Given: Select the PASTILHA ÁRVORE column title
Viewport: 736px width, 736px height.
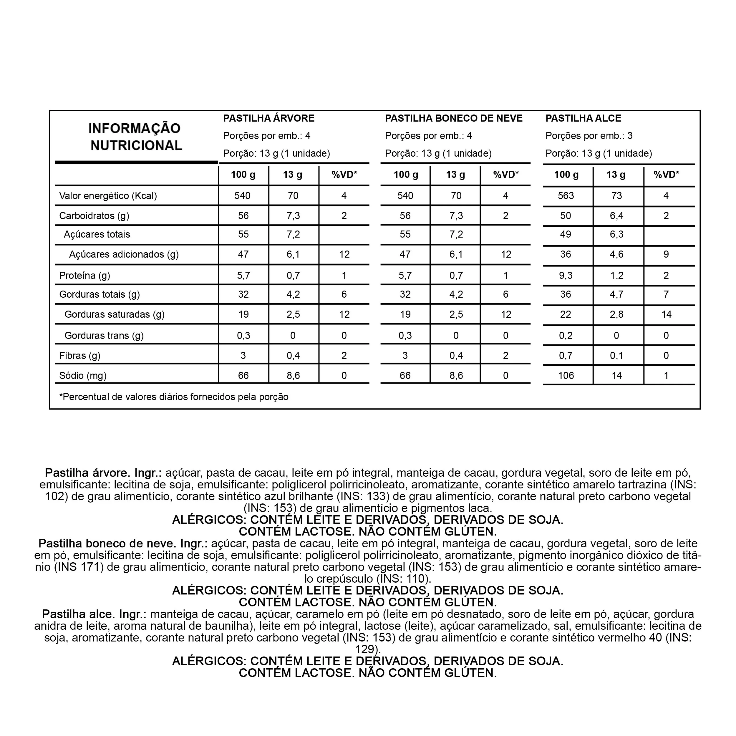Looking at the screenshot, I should pyautogui.click(x=268, y=118).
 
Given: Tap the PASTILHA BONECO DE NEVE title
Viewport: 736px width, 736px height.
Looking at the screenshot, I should pyautogui.click(x=453, y=118).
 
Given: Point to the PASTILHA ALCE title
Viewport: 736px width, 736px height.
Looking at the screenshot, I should pyautogui.click(x=583, y=118).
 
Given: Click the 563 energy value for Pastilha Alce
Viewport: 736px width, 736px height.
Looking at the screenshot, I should pyautogui.click(x=566, y=196).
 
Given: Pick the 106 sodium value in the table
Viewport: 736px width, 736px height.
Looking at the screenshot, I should pyautogui.click(x=566, y=376).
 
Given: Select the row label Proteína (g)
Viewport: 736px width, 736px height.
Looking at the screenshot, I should pyautogui.click(x=84, y=276).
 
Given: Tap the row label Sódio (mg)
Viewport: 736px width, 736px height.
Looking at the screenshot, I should pyautogui.click(x=83, y=376).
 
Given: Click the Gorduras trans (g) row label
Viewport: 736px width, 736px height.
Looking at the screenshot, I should pyautogui.click(x=104, y=336).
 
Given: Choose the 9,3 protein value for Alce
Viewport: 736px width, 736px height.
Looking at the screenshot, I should pyautogui.click(x=566, y=276).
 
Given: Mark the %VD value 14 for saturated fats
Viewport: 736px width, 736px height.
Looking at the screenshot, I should pyautogui.click(x=666, y=314).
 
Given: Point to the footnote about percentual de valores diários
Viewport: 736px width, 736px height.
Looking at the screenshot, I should pyautogui.click(x=174, y=397).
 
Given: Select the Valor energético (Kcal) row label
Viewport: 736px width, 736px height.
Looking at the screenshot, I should pyautogui.click(x=108, y=196).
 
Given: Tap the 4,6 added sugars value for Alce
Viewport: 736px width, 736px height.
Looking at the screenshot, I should pyautogui.click(x=616, y=254).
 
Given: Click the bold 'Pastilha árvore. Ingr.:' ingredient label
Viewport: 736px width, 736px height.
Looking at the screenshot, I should pyautogui.click(x=103, y=473).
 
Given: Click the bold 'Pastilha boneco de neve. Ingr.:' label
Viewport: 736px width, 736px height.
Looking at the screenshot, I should pyautogui.click(x=123, y=544).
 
